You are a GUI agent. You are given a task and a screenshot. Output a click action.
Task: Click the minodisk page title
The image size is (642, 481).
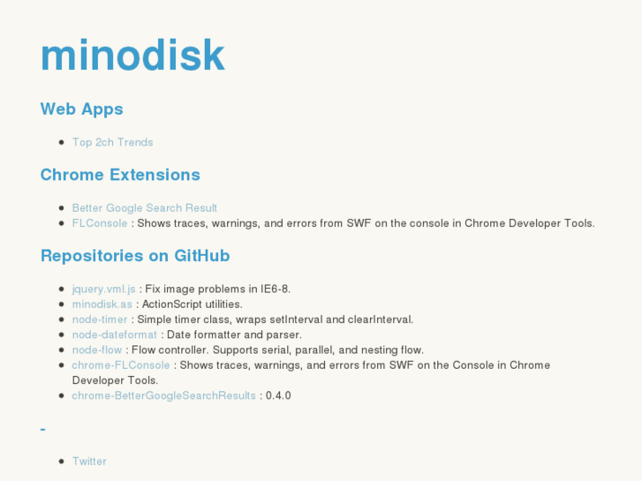[132, 55]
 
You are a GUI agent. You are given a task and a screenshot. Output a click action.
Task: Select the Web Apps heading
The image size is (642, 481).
[81, 109]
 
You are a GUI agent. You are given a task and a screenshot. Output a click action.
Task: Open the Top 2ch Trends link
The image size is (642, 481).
[112, 142]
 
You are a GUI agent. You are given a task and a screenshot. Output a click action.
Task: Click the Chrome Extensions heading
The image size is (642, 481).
[120, 175]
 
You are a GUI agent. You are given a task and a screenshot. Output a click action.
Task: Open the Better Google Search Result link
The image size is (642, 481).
[144, 208]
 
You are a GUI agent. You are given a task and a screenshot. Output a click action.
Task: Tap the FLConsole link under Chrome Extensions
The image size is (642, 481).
[100, 223]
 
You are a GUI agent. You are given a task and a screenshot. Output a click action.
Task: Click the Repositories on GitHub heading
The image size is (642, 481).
[135, 256]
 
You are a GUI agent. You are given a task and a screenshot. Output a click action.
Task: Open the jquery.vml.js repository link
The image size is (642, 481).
[103, 289]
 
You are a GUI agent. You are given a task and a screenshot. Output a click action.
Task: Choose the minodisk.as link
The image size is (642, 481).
[102, 304]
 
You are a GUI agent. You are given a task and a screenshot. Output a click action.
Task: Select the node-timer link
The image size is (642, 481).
[100, 319]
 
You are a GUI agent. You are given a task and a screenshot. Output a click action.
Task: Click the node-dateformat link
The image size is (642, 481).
[114, 334]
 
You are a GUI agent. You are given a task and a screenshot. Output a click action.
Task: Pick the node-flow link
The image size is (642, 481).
[97, 349]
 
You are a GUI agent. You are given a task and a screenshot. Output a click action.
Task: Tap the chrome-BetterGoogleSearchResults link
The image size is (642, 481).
[163, 395]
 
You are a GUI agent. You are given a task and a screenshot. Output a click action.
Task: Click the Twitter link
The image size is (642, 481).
[89, 462]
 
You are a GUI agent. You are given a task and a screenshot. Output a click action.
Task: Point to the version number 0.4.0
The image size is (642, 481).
[278, 395]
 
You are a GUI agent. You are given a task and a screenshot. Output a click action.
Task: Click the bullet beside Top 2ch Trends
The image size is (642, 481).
[61, 142]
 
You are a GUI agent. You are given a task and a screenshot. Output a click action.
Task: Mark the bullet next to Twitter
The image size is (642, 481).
[61, 462]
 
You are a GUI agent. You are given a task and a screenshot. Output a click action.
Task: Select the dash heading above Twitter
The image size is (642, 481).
[43, 430]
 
